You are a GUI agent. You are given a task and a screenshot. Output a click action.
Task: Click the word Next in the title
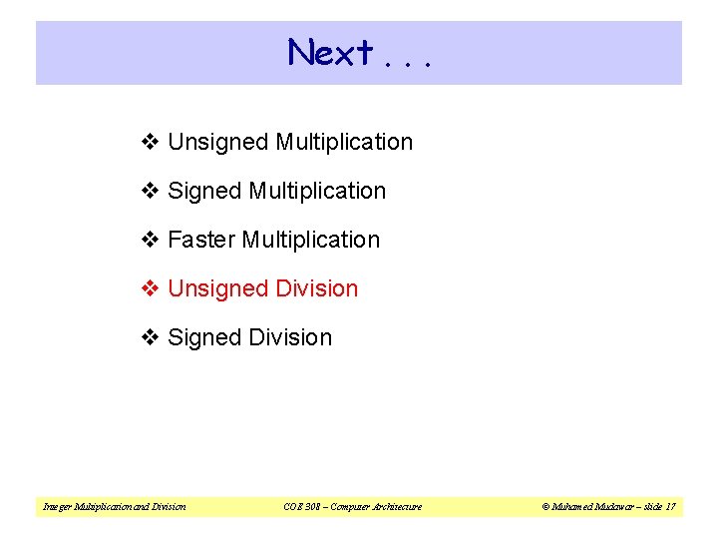tap(330, 52)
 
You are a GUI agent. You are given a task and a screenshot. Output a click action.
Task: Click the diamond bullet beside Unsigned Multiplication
tap(150, 143)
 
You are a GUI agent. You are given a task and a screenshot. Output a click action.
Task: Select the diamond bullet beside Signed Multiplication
tap(150, 191)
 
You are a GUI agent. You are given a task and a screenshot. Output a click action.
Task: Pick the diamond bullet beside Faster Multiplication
tap(150, 240)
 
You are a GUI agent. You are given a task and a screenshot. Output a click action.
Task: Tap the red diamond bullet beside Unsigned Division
tap(150, 288)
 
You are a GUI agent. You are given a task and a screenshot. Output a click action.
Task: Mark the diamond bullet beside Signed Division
tap(150, 337)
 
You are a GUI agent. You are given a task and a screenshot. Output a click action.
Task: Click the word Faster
tap(201, 240)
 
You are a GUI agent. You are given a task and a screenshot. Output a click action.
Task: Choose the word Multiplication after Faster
tap(311, 240)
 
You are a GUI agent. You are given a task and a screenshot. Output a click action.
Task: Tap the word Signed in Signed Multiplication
tap(204, 191)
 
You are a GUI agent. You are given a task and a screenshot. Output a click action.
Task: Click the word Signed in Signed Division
tap(204, 337)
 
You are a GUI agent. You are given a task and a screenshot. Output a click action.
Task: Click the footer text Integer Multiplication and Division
tap(114, 507)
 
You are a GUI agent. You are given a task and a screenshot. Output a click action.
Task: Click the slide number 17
tap(670, 507)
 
